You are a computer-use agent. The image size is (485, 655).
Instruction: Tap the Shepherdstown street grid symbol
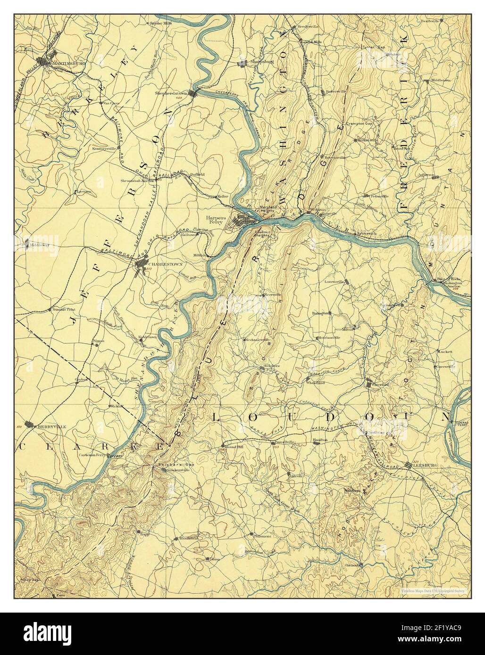click(192, 92)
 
